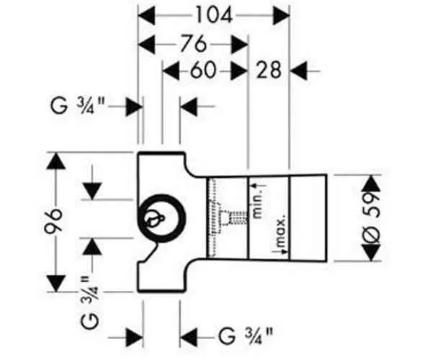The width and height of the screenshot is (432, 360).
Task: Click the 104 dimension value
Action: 214,16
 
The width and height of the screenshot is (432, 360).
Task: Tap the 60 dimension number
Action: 202,71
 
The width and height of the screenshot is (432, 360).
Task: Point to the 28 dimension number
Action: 269,71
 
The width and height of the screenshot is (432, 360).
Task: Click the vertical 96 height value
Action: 53,222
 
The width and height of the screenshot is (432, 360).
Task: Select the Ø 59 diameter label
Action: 372,218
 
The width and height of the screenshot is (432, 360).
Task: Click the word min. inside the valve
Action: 258,207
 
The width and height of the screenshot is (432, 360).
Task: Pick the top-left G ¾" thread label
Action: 78,106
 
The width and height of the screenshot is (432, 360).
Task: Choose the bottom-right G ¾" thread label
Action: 246,336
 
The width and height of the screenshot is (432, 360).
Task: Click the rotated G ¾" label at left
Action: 90,302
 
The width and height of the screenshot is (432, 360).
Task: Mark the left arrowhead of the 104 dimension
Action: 146,17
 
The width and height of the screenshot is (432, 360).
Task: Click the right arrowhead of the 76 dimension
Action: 240,45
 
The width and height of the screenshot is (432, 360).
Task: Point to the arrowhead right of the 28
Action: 299,71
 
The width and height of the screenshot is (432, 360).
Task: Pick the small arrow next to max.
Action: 282,251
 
